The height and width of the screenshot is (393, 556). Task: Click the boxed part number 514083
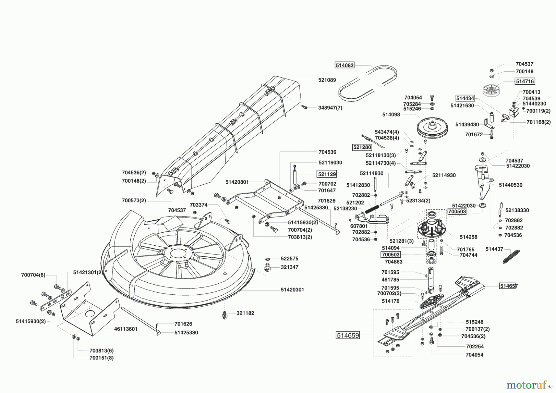(x=344, y=65)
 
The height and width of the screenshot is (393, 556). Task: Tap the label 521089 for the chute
(x=327, y=80)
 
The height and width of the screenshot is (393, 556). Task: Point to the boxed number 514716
(x=525, y=81)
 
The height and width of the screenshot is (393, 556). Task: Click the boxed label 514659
(x=348, y=335)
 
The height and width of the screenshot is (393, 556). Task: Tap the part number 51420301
(x=293, y=290)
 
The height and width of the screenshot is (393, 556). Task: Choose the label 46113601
(x=126, y=329)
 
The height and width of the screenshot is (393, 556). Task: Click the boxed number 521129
(x=327, y=174)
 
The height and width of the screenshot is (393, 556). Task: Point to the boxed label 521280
(x=362, y=147)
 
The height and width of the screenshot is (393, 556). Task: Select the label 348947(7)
(x=330, y=108)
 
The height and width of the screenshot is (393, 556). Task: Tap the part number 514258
(x=469, y=237)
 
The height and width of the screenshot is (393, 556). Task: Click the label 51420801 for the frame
(x=237, y=182)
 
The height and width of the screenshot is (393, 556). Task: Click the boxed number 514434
(x=465, y=98)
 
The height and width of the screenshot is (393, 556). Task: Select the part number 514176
(x=390, y=301)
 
